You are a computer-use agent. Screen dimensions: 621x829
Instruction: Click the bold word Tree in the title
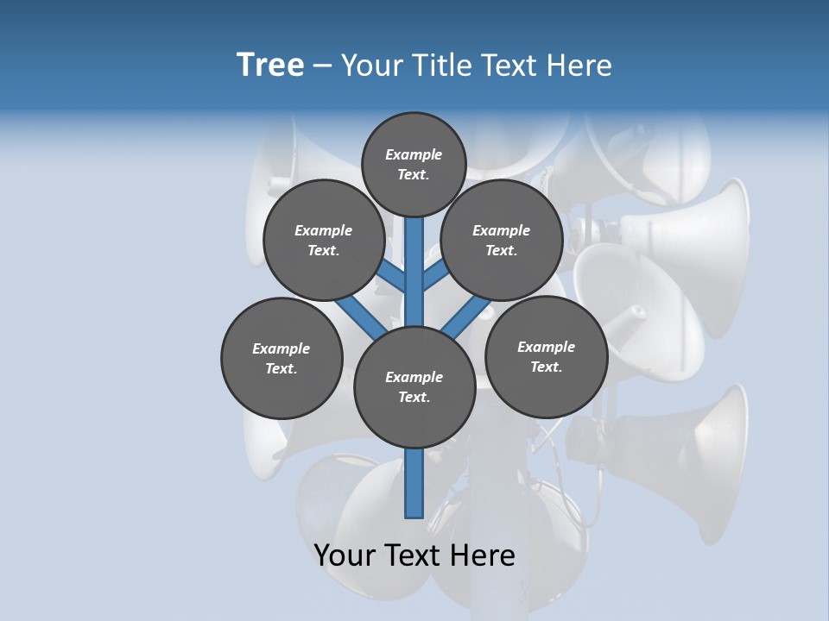[270, 66]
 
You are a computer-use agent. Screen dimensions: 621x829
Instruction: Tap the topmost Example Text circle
[414, 164]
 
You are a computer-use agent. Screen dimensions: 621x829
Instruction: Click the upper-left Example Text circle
[324, 240]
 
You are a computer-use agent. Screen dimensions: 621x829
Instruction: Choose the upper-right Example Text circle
[502, 240]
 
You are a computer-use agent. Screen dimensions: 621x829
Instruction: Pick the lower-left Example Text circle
[282, 358]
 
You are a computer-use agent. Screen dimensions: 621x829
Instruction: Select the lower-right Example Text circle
[546, 356]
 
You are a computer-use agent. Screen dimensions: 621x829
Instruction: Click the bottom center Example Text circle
[414, 386]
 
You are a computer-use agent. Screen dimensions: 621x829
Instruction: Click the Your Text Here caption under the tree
[414, 555]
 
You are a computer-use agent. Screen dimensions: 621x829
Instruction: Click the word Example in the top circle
[414, 155]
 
